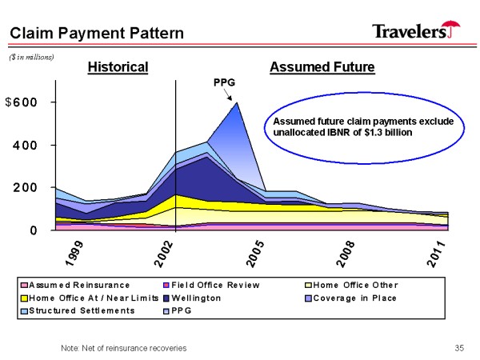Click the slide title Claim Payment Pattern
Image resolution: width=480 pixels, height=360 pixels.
point(97,33)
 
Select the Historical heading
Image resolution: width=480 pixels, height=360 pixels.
point(118,67)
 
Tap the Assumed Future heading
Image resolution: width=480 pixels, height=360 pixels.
point(322,67)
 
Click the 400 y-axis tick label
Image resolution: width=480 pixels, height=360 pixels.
point(25,145)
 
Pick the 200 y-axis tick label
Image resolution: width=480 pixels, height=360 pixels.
point(25,188)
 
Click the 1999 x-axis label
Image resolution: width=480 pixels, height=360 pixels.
point(74,253)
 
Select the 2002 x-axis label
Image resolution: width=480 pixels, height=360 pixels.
point(164,254)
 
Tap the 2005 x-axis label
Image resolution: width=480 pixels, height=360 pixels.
point(255,254)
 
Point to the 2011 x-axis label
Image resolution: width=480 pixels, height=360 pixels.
point(436,254)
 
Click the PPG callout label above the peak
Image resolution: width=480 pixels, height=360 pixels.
point(224,82)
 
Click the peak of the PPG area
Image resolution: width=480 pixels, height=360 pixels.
point(237,102)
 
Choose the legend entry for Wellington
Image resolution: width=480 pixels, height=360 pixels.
point(193,298)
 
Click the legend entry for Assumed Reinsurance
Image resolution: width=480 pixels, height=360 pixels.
point(75,285)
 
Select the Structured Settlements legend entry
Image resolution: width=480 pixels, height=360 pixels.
point(78,310)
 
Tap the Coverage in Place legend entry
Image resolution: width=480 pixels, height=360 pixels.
point(351,298)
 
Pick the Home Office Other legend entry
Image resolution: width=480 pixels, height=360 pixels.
point(352,285)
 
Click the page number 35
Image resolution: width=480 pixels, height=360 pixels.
point(459,348)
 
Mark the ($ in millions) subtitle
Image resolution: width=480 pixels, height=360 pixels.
point(31,58)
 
